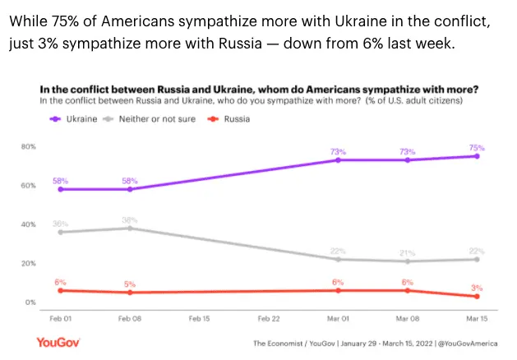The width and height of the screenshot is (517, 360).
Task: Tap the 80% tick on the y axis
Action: [29, 146]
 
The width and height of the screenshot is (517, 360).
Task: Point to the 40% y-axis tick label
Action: [29, 224]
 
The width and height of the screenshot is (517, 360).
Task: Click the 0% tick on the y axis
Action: [30, 302]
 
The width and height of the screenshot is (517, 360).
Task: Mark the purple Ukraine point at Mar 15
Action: [477, 156]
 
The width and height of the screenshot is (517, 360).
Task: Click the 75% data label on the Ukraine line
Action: [477, 147]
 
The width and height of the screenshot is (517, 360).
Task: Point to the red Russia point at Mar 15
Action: [477, 297]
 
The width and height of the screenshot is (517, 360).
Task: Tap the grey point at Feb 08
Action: [130, 228]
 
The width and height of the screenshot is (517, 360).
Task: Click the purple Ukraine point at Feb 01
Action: [60, 189]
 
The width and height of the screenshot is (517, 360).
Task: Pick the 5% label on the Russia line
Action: [130, 284]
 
